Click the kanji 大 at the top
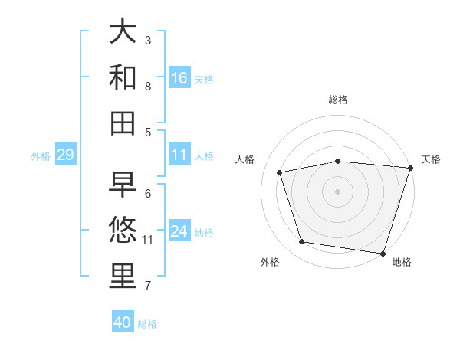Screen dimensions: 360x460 pyautogui.click(x=123, y=32)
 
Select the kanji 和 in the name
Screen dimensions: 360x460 pyautogui.click(x=123, y=77)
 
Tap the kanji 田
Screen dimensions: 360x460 pyautogui.click(x=123, y=123)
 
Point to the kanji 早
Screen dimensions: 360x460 pyautogui.click(x=123, y=185)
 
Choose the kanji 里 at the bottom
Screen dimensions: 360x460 pyautogui.click(x=123, y=277)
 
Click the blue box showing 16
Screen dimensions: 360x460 pyautogui.click(x=179, y=77)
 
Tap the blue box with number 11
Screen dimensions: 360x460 pyautogui.click(x=179, y=155)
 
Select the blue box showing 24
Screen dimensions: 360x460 pyautogui.click(x=179, y=231)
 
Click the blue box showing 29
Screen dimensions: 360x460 pyautogui.click(x=65, y=155)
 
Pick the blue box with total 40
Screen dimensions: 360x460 pyautogui.click(x=123, y=322)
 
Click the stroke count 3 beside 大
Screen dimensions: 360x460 pyautogui.click(x=148, y=40)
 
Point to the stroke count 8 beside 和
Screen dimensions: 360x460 pyautogui.click(x=148, y=87)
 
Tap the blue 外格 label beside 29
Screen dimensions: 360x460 pyautogui.click(x=41, y=156)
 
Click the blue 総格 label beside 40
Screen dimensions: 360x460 pyautogui.click(x=147, y=323)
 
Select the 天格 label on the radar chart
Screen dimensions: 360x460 pyautogui.click(x=431, y=159)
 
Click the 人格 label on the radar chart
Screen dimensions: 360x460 pyautogui.click(x=245, y=159)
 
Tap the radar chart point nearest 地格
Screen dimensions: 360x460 pyautogui.click(x=383, y=253)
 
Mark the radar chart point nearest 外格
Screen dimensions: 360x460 pyautogui.click(x=302, y=242)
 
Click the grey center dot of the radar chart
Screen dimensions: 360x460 pyautogui.click(x=337, y=191)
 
